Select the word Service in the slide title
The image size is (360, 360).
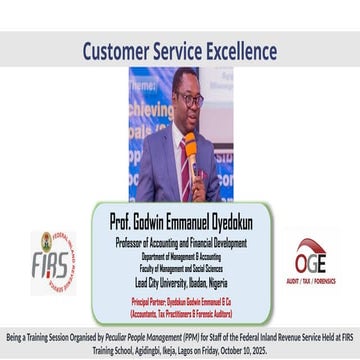pos(177,50)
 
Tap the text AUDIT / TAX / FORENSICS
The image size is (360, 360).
pos(309,283)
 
